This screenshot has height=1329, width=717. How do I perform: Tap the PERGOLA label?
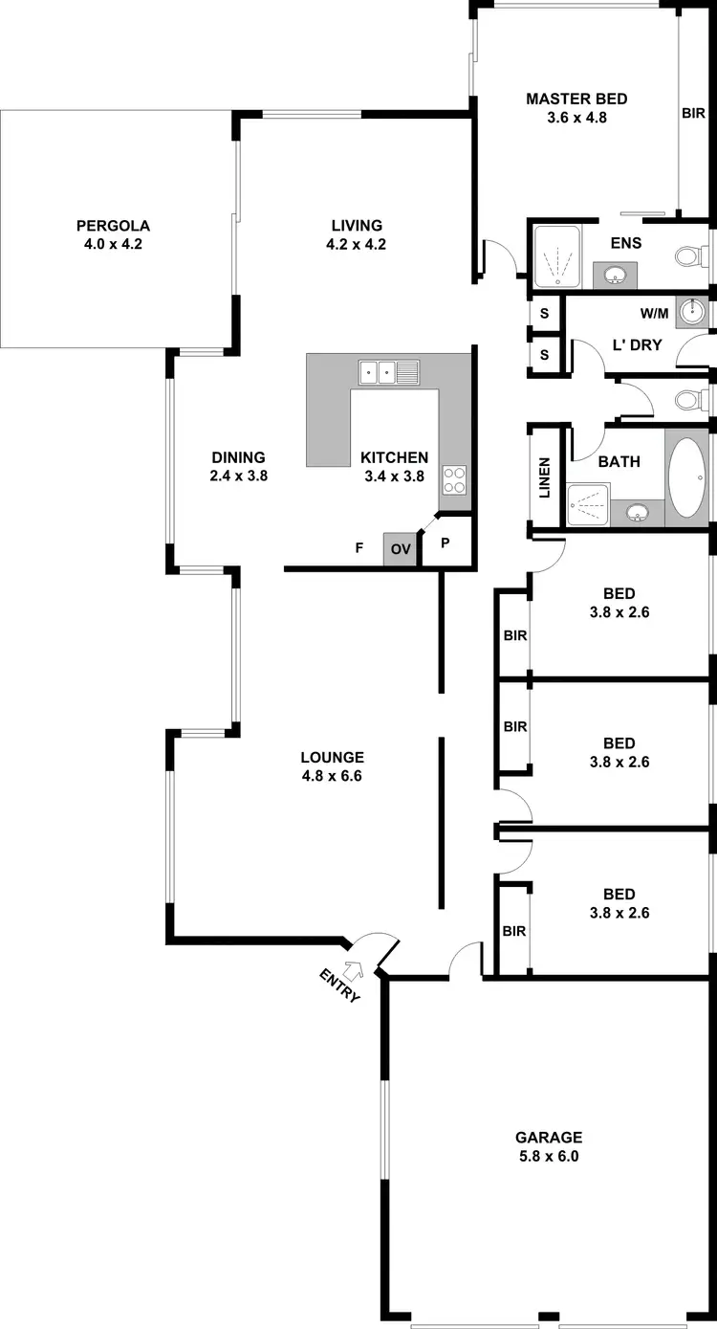point(114,226)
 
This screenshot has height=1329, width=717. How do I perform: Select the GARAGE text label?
point(549,1138)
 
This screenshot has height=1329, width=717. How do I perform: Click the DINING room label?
point(238,457)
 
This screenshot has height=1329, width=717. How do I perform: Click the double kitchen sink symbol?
point(389,371)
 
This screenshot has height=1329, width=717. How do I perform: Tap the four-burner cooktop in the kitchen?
point(454,478)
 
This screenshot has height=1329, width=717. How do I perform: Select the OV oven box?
point(401,549)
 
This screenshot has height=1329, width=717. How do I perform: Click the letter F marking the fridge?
point(358,548)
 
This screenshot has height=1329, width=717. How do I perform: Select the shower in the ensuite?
point(556,256)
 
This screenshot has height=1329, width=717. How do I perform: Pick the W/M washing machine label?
point(655,312)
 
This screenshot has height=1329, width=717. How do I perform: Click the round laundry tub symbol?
point(693,312)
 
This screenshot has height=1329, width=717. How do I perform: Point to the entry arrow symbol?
point(354,969)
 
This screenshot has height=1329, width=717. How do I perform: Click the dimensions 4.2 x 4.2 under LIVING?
point(343,244)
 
